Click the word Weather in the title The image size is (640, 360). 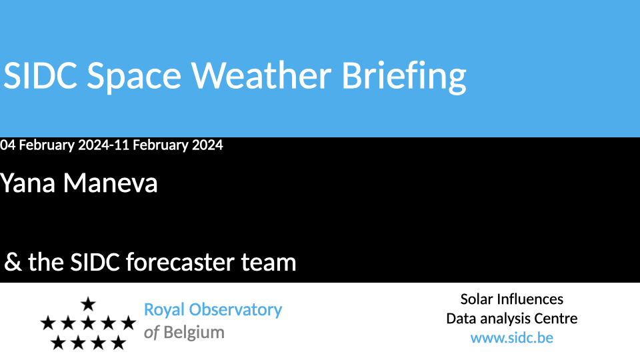(x=261, y=75)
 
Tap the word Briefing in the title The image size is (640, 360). (x=404, y=77)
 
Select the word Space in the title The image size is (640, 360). (x=134, y=77)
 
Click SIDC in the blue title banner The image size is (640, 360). (x=40, y=75)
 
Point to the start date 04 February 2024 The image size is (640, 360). (x=55, y=145)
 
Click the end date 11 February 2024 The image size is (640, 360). (x=169, y=145)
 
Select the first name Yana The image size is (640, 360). (x=28, y=183)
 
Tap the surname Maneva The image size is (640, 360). (x=110, y=183)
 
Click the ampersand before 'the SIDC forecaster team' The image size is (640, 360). (x=13, y=262)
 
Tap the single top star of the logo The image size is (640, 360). (x=88, y=304)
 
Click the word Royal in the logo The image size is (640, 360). (x=164, y=311)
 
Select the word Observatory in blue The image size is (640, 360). (x=235, y=311)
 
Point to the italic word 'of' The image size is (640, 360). (x=151, y=333)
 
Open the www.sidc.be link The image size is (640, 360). (x=512, y=338)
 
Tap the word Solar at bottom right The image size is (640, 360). (x=477, y=299)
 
